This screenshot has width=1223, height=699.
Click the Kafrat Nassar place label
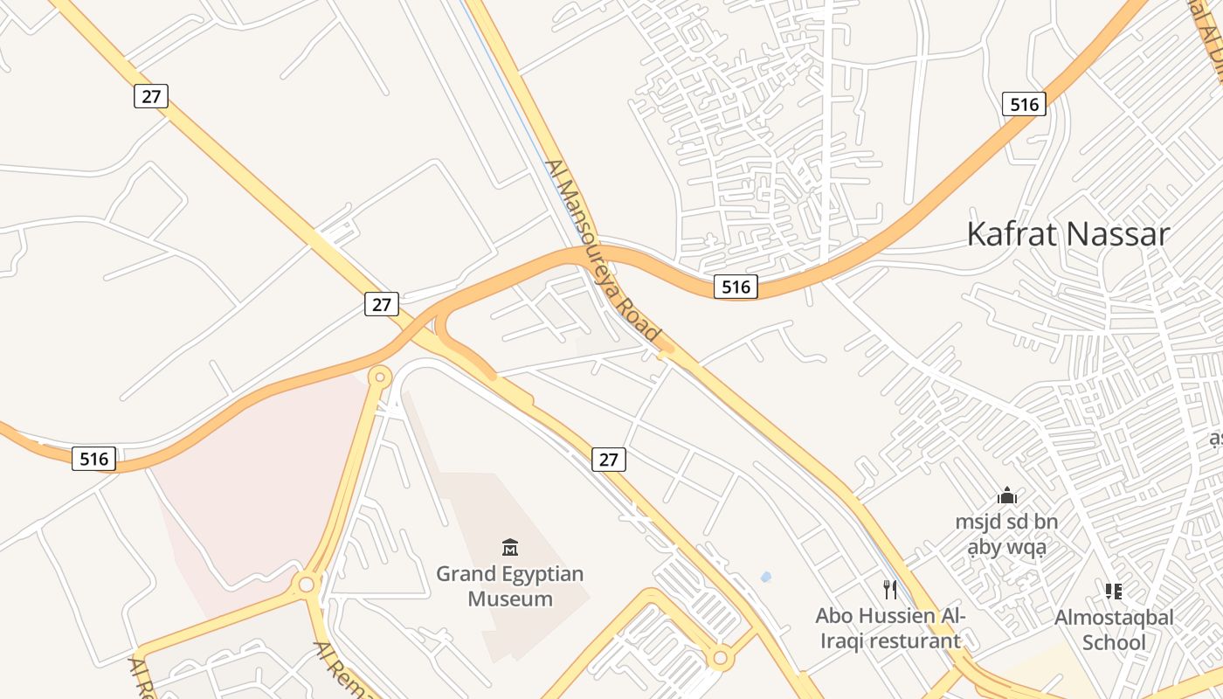[x=1068, y=234]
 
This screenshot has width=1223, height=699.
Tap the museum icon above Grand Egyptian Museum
[x=510, y=548]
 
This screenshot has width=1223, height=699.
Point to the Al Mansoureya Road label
[x=602, y=251]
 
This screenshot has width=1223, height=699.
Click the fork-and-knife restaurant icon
[x=889, y=590]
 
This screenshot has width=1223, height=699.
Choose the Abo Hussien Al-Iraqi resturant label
[x=889, y=628]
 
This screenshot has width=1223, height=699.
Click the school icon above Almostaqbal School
[x=1114, y=592]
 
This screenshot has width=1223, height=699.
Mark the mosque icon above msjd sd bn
[x=1007, y=495]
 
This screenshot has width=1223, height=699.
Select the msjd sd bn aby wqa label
[x=1006, y=535]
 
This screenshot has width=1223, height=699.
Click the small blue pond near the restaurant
[x=766, y=577]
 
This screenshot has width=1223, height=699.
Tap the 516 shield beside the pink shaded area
[x=94, y=459]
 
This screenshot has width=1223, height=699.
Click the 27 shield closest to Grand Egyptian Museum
[x=609, y=459]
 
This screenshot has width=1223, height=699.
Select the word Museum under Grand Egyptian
[x=510, y=599]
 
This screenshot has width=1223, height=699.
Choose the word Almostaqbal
[x=1114, y=618]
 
